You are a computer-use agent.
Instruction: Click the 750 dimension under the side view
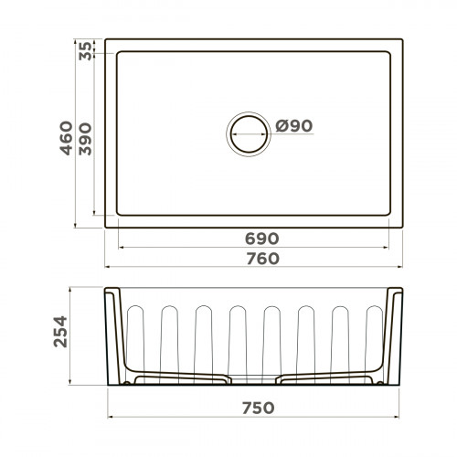coord(256,407)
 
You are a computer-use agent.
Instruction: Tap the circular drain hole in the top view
coord(249,133)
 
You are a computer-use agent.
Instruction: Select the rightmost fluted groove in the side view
coord(373,338)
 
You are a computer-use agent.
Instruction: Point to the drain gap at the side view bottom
coord(256,381)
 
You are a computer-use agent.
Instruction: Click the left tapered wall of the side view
coord(113,338)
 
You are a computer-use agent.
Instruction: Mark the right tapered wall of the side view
coord(398,338)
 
